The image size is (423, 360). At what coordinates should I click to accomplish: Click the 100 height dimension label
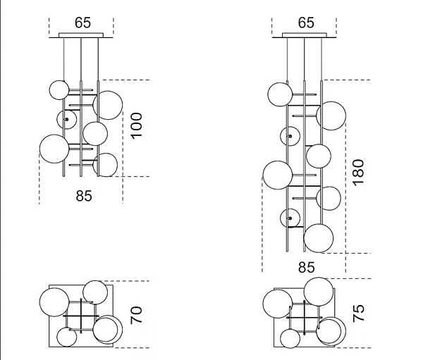coord(137,125)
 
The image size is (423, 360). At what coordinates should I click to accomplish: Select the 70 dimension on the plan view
coord(137,314)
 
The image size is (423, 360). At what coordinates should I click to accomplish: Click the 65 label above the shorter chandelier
coord(82,23)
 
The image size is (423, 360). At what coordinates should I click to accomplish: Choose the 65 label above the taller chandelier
coord(305,23)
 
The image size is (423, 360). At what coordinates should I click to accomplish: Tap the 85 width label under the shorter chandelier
coord(83,197)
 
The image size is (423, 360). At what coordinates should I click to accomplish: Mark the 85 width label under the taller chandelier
coord(306,268)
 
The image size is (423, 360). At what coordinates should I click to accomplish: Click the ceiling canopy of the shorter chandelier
coord(81,35)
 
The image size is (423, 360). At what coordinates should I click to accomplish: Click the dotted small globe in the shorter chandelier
coord(66,119)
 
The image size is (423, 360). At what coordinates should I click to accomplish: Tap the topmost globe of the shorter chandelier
coord(59,89)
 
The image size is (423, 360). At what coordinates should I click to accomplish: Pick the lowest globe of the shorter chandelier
coord(105,165)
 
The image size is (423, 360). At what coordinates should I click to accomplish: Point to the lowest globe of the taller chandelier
coord(318,237)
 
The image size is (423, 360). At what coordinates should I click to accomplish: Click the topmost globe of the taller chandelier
coord(278,94)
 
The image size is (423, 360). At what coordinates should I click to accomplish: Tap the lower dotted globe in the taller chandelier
coord(290,219)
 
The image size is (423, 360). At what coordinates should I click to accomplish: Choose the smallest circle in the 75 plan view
coord(288,337)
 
